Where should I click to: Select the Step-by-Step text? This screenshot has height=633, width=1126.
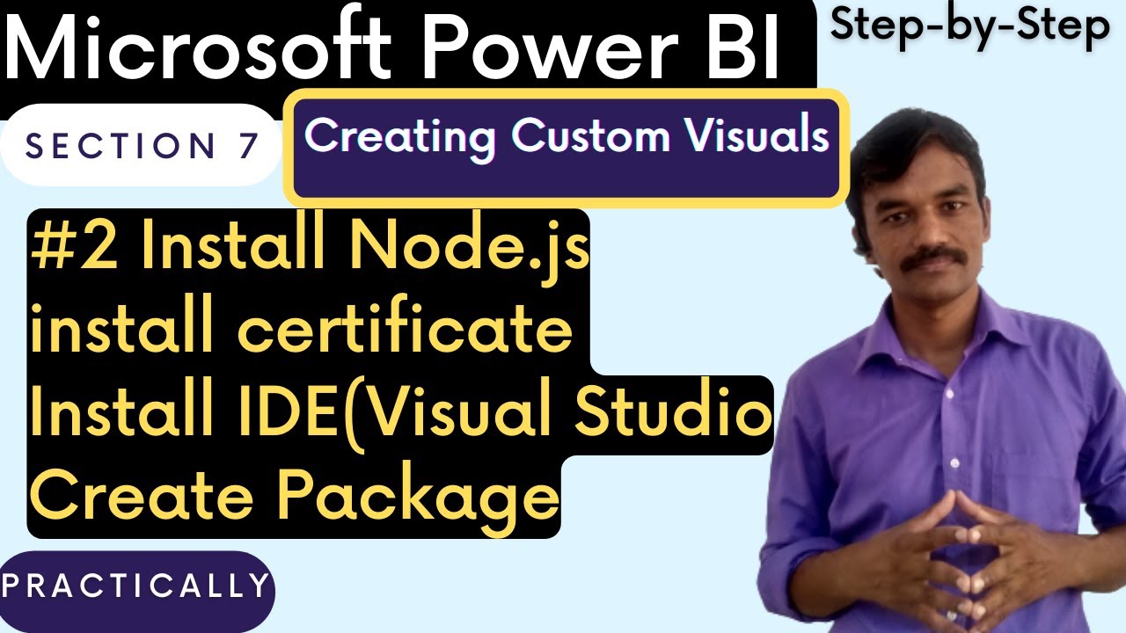(x=970, y=26)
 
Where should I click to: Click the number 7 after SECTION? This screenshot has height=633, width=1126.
(x=247, y=146)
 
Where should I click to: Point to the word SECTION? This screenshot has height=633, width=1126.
(x=121, y=146)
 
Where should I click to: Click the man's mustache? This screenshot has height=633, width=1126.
(x=930, y=257)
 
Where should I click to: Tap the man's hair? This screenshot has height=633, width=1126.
(x=915, y=141)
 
